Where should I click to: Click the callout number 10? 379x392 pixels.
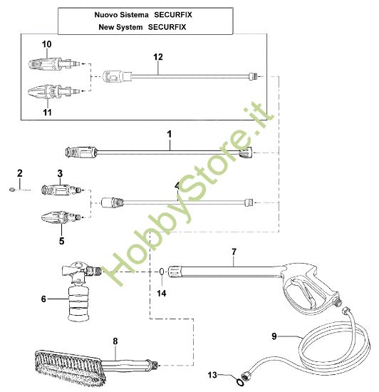pyautogui.click(x=47, y=44)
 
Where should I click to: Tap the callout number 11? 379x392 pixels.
pyautogui.click(x=47, y=111)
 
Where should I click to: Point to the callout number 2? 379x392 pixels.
pyautogui.click(x=20, y=173)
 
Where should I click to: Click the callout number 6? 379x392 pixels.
pyautogui.click(x=44, y=299)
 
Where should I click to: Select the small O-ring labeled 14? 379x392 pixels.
pyautogui.click(x=162, y=272)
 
